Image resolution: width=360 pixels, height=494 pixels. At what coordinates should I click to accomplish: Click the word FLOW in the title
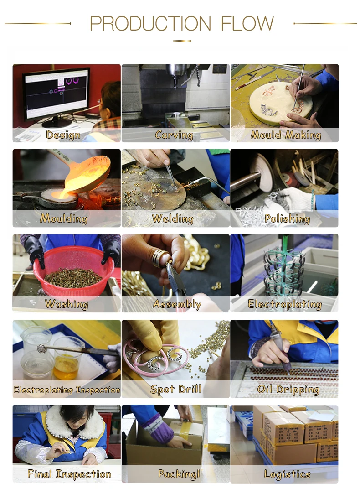pos(247,23)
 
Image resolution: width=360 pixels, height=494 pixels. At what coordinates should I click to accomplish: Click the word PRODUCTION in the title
pos(150,23)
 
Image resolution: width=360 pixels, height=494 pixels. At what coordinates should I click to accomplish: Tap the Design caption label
pos(63,135)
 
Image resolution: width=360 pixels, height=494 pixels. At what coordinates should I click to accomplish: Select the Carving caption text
pos(174,135)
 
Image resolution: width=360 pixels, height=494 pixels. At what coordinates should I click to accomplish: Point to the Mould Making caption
pos(286,135)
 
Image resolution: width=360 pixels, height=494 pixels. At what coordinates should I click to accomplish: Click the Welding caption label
pos(173,218)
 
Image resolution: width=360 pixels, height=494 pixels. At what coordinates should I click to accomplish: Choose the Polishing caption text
pos(287,218)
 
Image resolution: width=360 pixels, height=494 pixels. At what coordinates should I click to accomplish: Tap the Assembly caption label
pos(177,304)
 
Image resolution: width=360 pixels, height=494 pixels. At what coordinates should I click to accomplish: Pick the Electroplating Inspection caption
pos(67,390)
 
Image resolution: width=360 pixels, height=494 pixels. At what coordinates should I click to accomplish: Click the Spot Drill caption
pos(176,389)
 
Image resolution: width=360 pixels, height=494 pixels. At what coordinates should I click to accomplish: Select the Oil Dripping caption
pos(288,390)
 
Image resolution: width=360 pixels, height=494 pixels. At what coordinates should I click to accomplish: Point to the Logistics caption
pos(287,474)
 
